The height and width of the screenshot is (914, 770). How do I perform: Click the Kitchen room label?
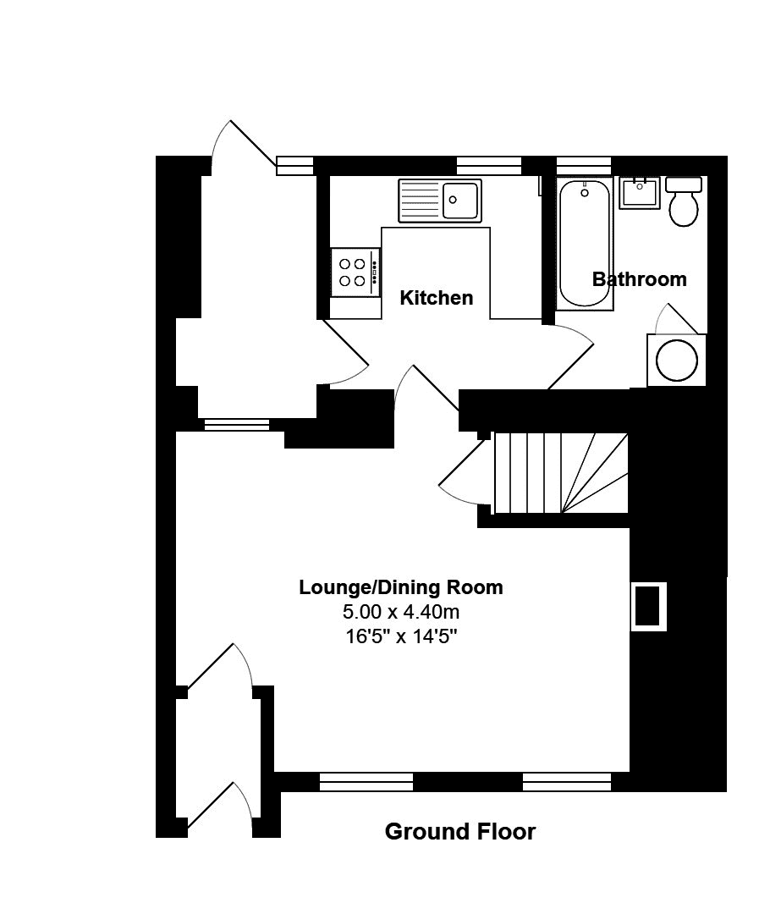click(436, 298)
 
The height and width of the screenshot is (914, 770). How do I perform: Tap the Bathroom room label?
click(640, 279)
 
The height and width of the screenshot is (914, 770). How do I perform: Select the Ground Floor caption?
click(460, 831)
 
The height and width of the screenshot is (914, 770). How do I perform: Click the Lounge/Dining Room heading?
click(401, 587)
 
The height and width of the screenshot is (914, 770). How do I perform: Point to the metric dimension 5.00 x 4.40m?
click(401, 612)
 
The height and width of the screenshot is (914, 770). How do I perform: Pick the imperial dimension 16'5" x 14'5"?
click(401, 636)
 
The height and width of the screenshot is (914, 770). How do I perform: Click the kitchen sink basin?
click(460, 200)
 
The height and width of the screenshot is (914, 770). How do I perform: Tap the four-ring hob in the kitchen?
click(355, 273)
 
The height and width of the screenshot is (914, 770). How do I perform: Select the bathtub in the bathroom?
click(585, 244)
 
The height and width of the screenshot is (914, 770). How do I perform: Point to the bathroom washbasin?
click(640, 193)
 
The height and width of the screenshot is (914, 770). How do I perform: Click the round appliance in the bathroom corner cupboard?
click(676, 360)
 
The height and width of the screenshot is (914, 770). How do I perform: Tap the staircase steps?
click(561, 473)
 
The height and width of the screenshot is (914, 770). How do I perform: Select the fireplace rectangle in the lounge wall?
click(648, 606)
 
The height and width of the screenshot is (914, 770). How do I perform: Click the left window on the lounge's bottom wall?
click(366, 782)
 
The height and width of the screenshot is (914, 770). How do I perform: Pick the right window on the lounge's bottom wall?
click(567, 782)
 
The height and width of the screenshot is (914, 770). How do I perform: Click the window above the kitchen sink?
click(488, 166)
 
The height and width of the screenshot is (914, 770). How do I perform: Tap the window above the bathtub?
click(584, 166)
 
